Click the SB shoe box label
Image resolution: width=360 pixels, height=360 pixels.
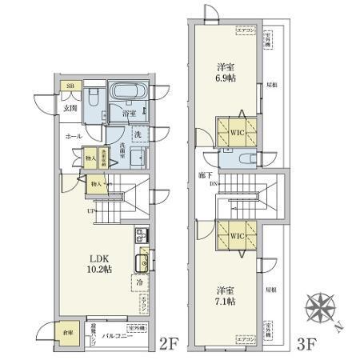pyautogui.click(x=70, y=86)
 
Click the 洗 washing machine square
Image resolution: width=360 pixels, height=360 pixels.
pyautogui.click(x=137, y=134)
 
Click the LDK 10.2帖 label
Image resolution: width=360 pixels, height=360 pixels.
pyautogui.click(x=100, y=263)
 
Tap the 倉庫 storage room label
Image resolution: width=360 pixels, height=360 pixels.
pyautogui.click(x=69, y=332)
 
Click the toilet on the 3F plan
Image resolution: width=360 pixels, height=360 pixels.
pyautogui.click(x=246, y=158)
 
